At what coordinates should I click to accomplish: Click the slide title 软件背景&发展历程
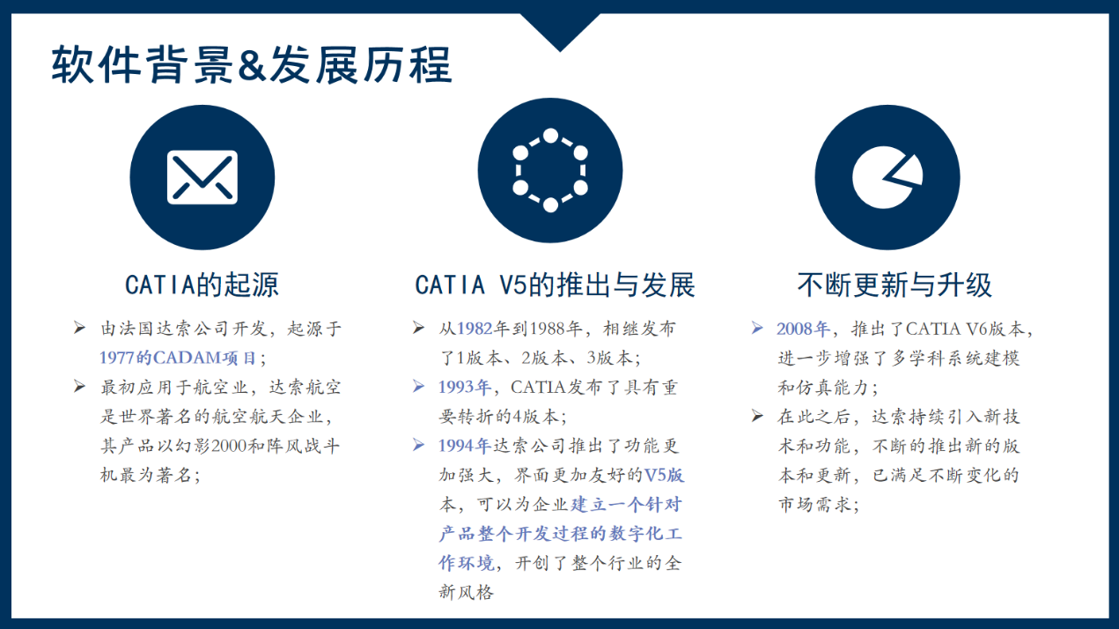point(251,64)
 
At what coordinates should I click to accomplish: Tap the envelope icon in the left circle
point(202,177)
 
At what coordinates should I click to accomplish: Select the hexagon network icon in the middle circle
point(550,171)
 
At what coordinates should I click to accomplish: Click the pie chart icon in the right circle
point(887,177)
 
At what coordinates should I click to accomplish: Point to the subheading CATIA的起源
point(202,285)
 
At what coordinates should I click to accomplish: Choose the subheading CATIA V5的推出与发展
point(555,285)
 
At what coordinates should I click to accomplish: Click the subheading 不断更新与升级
point(894,285)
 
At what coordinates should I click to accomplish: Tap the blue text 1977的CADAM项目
point(178,358)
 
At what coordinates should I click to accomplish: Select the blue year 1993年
point(465,387)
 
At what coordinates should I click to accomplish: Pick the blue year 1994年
point(465,446)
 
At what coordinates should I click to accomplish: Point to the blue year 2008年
point(803,329)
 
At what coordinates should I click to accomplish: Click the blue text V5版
point(665,475)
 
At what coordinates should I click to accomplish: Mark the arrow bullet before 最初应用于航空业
point(79,386)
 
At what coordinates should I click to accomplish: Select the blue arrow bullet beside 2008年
point(757,328)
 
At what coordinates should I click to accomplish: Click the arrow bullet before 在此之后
point(757,416)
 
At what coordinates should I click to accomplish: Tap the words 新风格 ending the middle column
point(467,592)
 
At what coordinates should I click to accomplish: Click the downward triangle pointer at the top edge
point(560,31)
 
